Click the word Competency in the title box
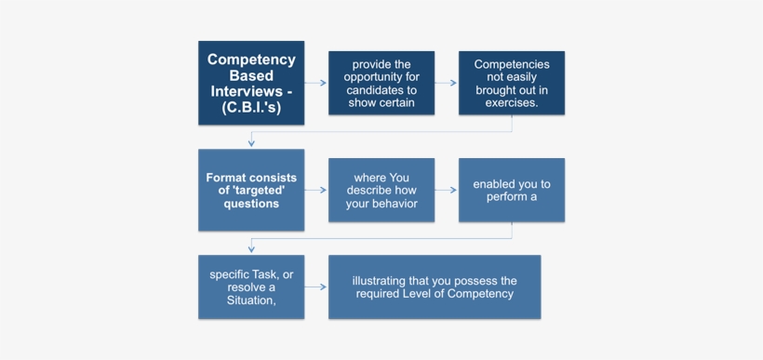[x=251, y=60]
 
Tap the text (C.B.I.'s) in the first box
[x=251, y=108]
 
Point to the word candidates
[x=376, y=90]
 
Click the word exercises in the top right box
[x=511, y=103]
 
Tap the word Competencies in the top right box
[x=512, y=64]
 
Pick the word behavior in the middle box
[x=395, y=204]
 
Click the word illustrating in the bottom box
[x=383, y=280]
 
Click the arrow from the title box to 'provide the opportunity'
[x=316, y=84]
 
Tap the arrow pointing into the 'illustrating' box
[x=316, y=287]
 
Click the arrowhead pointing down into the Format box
[x=251, y=142]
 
